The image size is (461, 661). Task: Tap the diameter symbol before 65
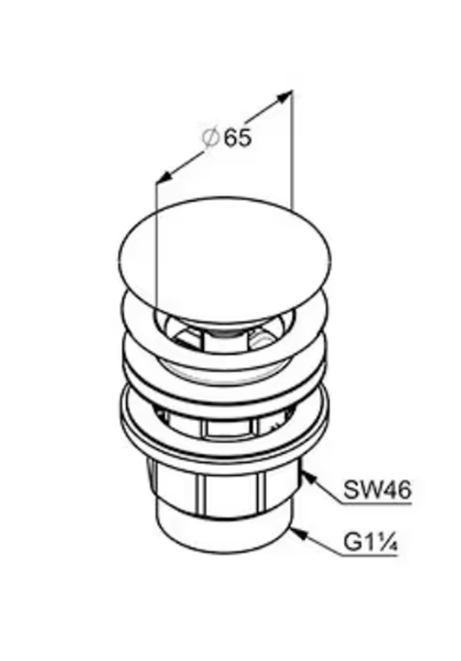[211, 138]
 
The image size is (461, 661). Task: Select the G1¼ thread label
[370, 542]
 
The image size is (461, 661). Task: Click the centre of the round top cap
[225, 260]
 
